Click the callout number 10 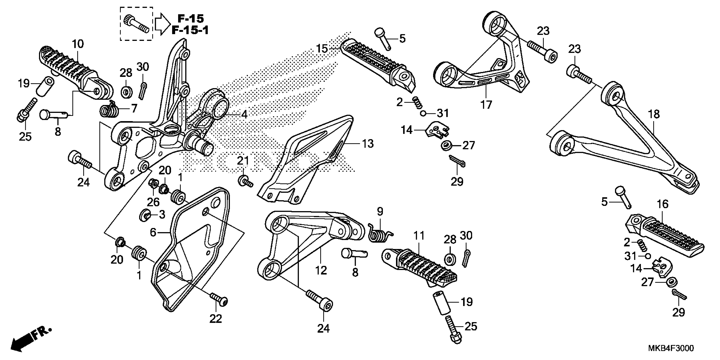coord(78,44)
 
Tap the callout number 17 coord(486,105)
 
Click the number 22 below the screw coord(216,319)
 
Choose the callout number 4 coord(244,114)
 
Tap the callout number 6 coord(153,232)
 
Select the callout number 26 coord(153,202)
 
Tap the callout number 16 coord(662,204)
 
